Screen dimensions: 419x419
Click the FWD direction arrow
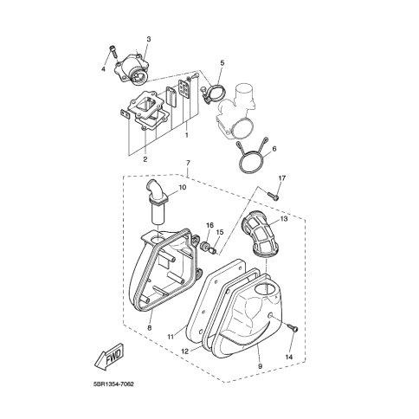point(110,357)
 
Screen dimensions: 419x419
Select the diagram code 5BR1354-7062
point(113,384)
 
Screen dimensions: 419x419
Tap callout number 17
point(282,178)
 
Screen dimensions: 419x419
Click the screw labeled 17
point(274,197)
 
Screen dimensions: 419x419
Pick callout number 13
point(284,219)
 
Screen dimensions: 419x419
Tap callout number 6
point(274,149)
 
